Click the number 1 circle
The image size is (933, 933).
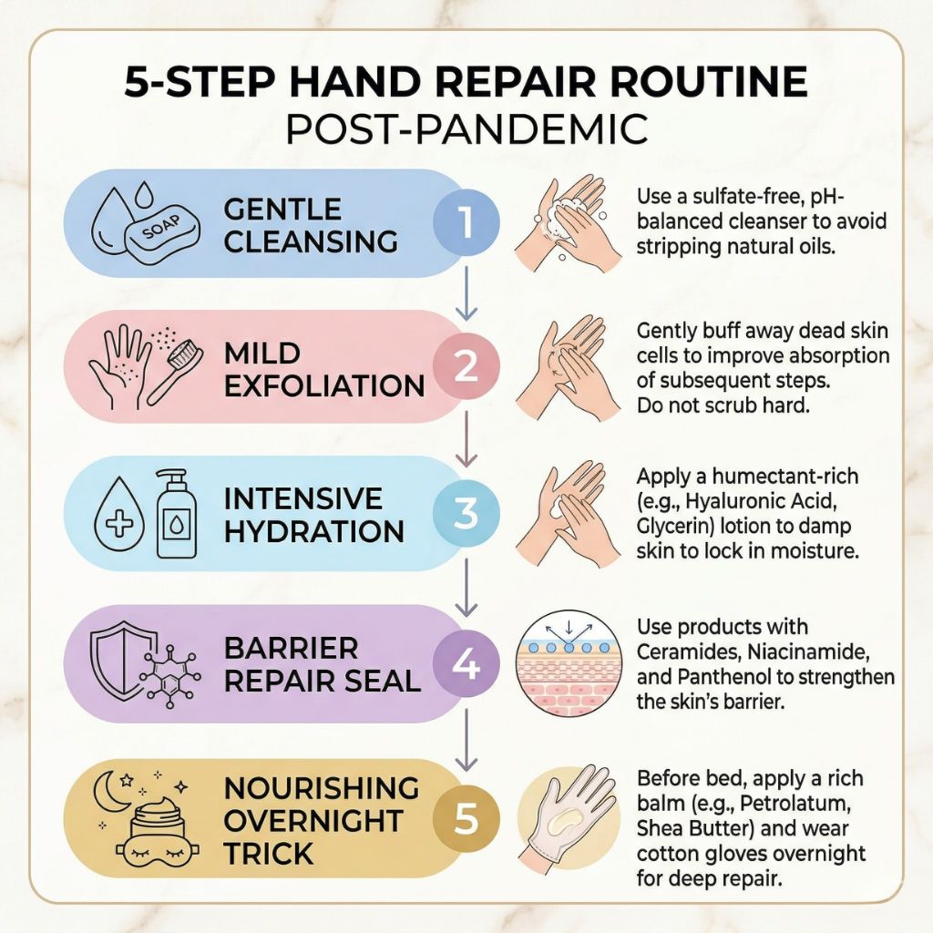[x=466, y=222]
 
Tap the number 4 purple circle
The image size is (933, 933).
[x=466, y=664]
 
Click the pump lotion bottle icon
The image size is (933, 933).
[x=176, y=513]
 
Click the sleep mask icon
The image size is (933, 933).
[x=150, y=855]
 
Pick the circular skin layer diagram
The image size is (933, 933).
[x=566, y=663]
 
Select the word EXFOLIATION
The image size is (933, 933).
[x=324, y=386]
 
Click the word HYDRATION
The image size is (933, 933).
[x=314, y=531]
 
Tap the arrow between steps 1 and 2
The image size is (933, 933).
[x=466, y=293]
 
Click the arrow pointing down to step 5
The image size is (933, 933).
[x=466, y=739]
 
